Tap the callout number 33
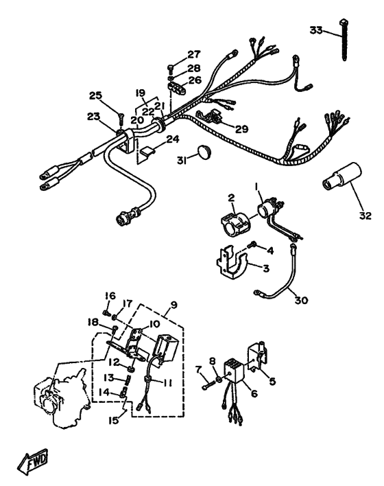click(x=316, y=30)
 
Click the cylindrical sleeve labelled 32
click(x=341, y=176)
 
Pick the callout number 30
click(x=301, y=300)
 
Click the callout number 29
click(x=242, y=128)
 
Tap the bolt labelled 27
click(x=171, y=67)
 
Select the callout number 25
click(x=95, y=95)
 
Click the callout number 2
click(x=232, y=198)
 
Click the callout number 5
click(x=272, y=381)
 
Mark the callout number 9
click(x=173, y=305)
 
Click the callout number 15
click(x=114, y=420)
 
